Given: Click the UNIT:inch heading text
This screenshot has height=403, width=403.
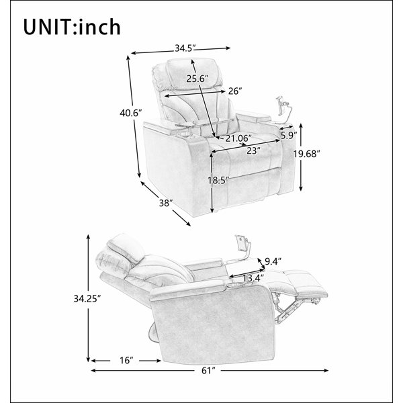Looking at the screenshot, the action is pyautogui.click(x=72, y=27).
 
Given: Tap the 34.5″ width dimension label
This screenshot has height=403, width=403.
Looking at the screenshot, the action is pyautogui.click(x=185, y=48).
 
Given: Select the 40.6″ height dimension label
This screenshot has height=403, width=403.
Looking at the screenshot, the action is pyautogui.click(x=130, y=113).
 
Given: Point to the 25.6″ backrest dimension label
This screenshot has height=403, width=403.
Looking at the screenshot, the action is pyautogui.click(x=197, y=79).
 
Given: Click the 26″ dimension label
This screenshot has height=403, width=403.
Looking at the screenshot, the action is pyautogui.click(x=235, y=91).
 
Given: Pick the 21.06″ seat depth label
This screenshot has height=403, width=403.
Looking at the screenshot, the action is pyautogui.click(x=238, y=138).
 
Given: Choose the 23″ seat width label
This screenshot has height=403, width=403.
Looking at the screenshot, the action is pyautogui.click(x=254, y=150).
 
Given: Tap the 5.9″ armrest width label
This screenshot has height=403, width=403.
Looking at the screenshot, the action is pyautogui.click(x=289, y=135).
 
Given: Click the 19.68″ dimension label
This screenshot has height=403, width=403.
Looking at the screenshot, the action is pyautogui.click(x=307, y=154).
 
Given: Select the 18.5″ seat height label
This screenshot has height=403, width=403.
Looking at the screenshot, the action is pyautogui.click(x=218, y=181).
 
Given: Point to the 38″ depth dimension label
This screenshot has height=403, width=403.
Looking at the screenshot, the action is pyautogui.click(x=166, y=203).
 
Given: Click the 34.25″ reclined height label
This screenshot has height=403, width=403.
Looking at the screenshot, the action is pyautogui.click(x=87, y=299).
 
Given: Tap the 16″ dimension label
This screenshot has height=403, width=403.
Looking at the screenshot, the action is pyautogui.click(x=126, y=360).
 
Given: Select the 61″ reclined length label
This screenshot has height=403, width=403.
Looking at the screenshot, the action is pyautogui.click(x=208, y=371).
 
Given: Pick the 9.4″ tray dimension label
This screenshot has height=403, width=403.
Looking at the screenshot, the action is pyautogui.click(x=273, y=262).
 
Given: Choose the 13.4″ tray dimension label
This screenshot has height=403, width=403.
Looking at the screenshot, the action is pyautogui.click(x=253, y=278).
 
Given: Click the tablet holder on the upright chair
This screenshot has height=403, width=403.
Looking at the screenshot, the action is pyautogui.click(x=283, y=109).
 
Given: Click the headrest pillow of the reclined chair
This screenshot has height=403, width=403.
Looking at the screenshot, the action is pyautogui.click(x=126, y=247).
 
